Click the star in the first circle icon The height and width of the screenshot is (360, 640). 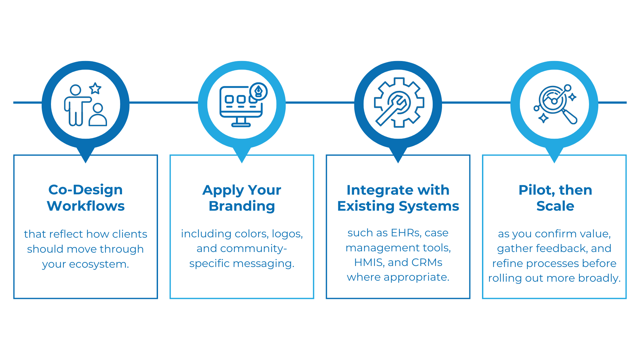pyautogui.click(x=95, y=88)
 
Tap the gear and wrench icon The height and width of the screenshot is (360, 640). pyautogui.click(x=399, y=103)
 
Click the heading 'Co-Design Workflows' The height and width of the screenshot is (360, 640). pyautogui.click(x=86, y=198)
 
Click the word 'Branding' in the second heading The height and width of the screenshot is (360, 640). pyautogui.click(x=242, y=206)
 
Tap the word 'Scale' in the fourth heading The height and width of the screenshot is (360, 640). pyautogui.click(x=555, y=206)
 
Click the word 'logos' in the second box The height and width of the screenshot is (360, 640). pyautogui.click(x=287, y=234)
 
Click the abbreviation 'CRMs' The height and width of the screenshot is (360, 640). pyautogui.click(x=427, y=262)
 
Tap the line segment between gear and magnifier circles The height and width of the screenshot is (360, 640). pyautogui.click(x=476, y=103)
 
